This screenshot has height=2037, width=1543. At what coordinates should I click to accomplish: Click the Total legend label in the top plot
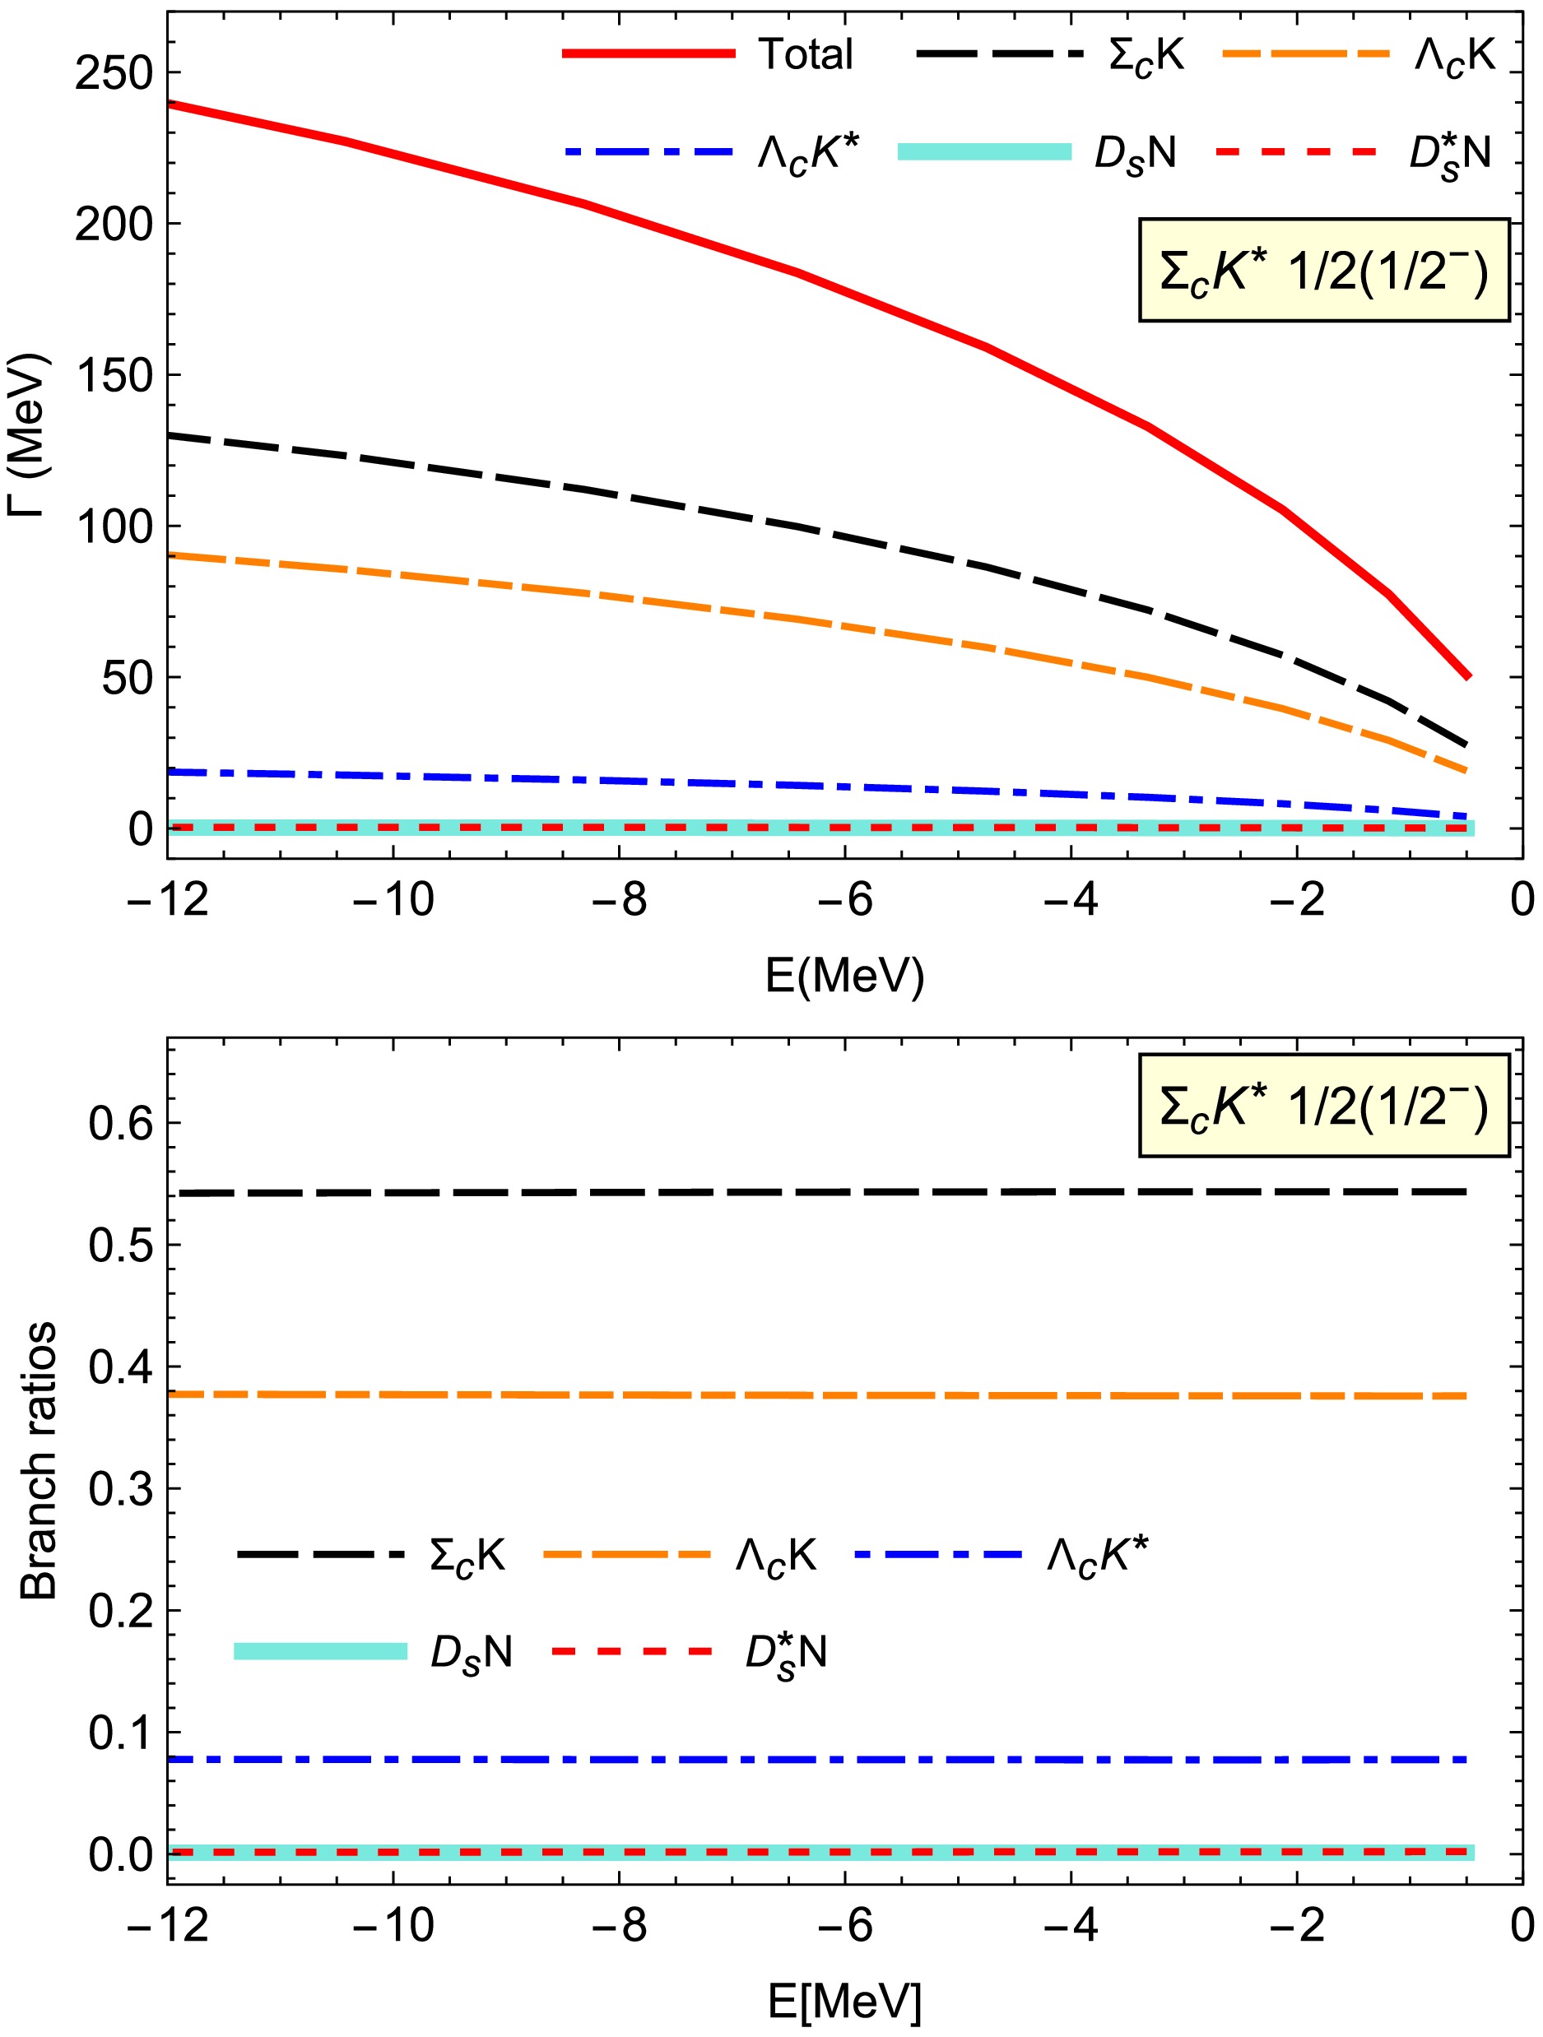click(x=806, y=54)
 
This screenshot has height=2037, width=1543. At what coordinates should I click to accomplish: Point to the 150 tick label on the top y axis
click(x=114, y=375)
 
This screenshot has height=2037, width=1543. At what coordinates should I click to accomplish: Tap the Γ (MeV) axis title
click(x=30, y=438)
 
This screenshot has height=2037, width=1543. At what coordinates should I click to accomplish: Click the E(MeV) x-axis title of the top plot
click(x=844, y=977)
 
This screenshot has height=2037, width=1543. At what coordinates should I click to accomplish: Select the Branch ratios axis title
click(x=39, y=1461)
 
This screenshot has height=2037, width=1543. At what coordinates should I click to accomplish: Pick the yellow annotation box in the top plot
click(x=1324, y=271)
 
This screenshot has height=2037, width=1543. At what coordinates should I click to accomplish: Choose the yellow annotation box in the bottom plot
click(x=1324, y=1105)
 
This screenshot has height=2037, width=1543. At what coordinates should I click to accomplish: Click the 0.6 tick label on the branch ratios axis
click(x=120, y=1124)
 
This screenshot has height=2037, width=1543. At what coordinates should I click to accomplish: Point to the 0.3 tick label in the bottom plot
click(x=120, y=1489)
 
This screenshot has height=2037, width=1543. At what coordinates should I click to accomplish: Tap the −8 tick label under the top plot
click(x=619, y=900)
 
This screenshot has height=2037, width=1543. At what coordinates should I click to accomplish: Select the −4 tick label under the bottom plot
click(x=1071, y=1924)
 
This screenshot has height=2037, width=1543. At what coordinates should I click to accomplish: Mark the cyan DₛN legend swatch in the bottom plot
click(x=321, y=1651)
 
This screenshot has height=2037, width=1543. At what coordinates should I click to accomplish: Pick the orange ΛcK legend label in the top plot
click(x=1456, y=55)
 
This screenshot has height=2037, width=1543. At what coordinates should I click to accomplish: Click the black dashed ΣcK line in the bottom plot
click(x=829, y=1193)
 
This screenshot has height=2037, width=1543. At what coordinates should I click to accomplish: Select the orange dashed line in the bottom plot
click(x=829, y=1396)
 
